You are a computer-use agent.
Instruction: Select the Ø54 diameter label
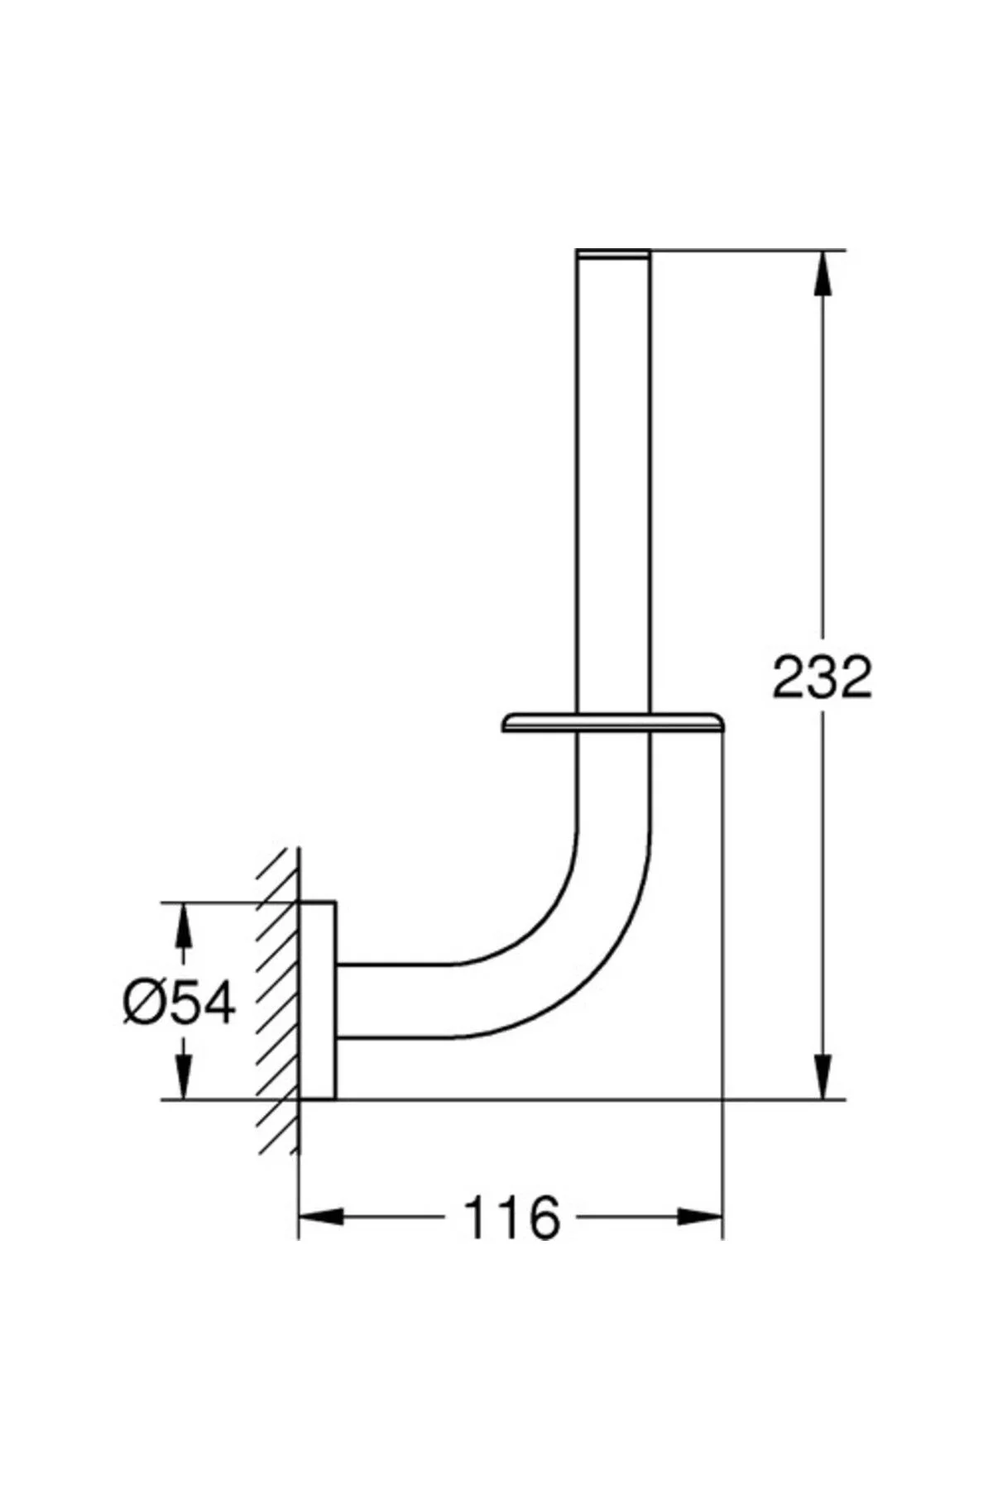point(180,1003)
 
